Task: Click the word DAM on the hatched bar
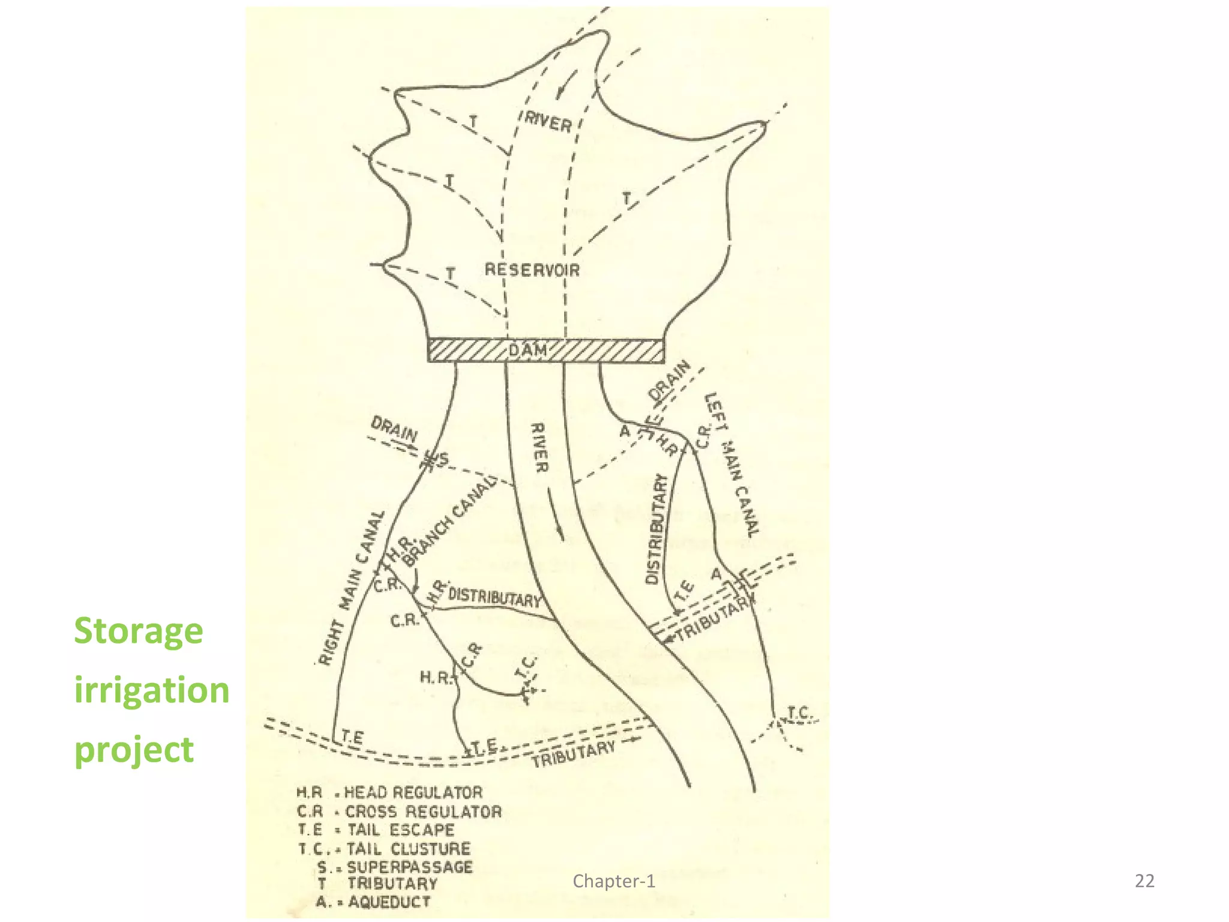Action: [528, 351]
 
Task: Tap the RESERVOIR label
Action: [532, 270]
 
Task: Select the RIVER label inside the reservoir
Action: [548, 122]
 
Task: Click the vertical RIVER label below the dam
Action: [539, 448]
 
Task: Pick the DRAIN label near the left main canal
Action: [670, 381]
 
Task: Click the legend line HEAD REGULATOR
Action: [389, 792]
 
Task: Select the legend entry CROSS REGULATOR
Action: [399, 812]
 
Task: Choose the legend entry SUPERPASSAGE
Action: [396, 867]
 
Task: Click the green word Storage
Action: [139, 631]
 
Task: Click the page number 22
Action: [1144, 881]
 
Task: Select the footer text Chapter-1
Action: [614, 881]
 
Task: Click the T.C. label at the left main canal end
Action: [799, 713]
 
